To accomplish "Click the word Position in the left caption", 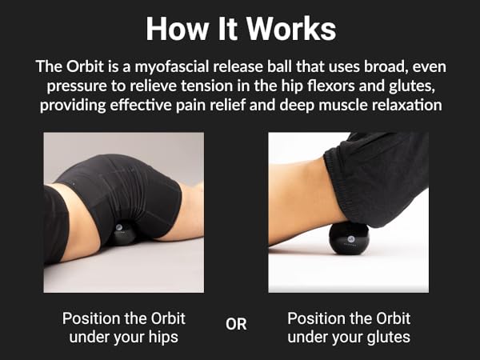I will [x=90, y=318].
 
